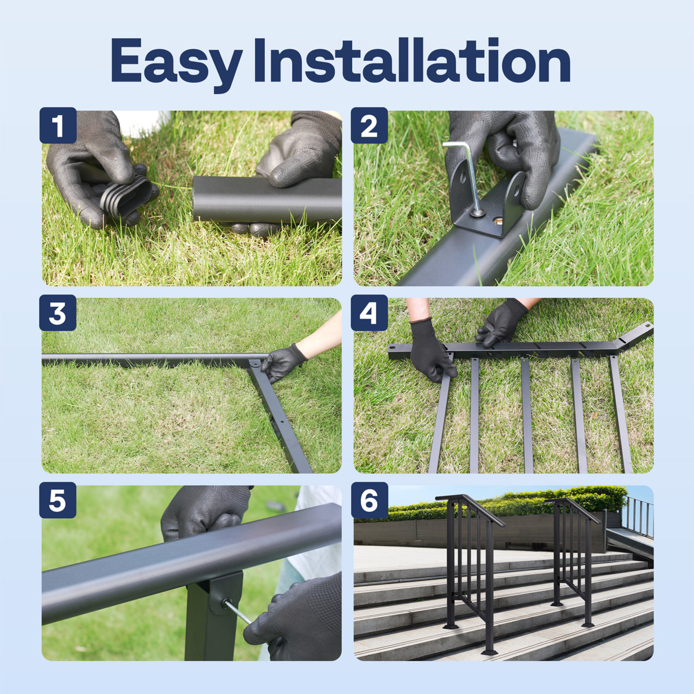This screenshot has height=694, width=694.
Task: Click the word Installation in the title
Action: point(412,61)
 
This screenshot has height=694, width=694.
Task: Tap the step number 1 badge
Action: point(58,125)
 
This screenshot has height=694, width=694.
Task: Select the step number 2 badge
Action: point(369,125)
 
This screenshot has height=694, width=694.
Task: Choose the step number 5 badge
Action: point(58,500)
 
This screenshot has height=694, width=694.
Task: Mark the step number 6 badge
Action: point(369,500)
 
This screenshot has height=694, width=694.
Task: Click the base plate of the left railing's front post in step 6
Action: point(489,652)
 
